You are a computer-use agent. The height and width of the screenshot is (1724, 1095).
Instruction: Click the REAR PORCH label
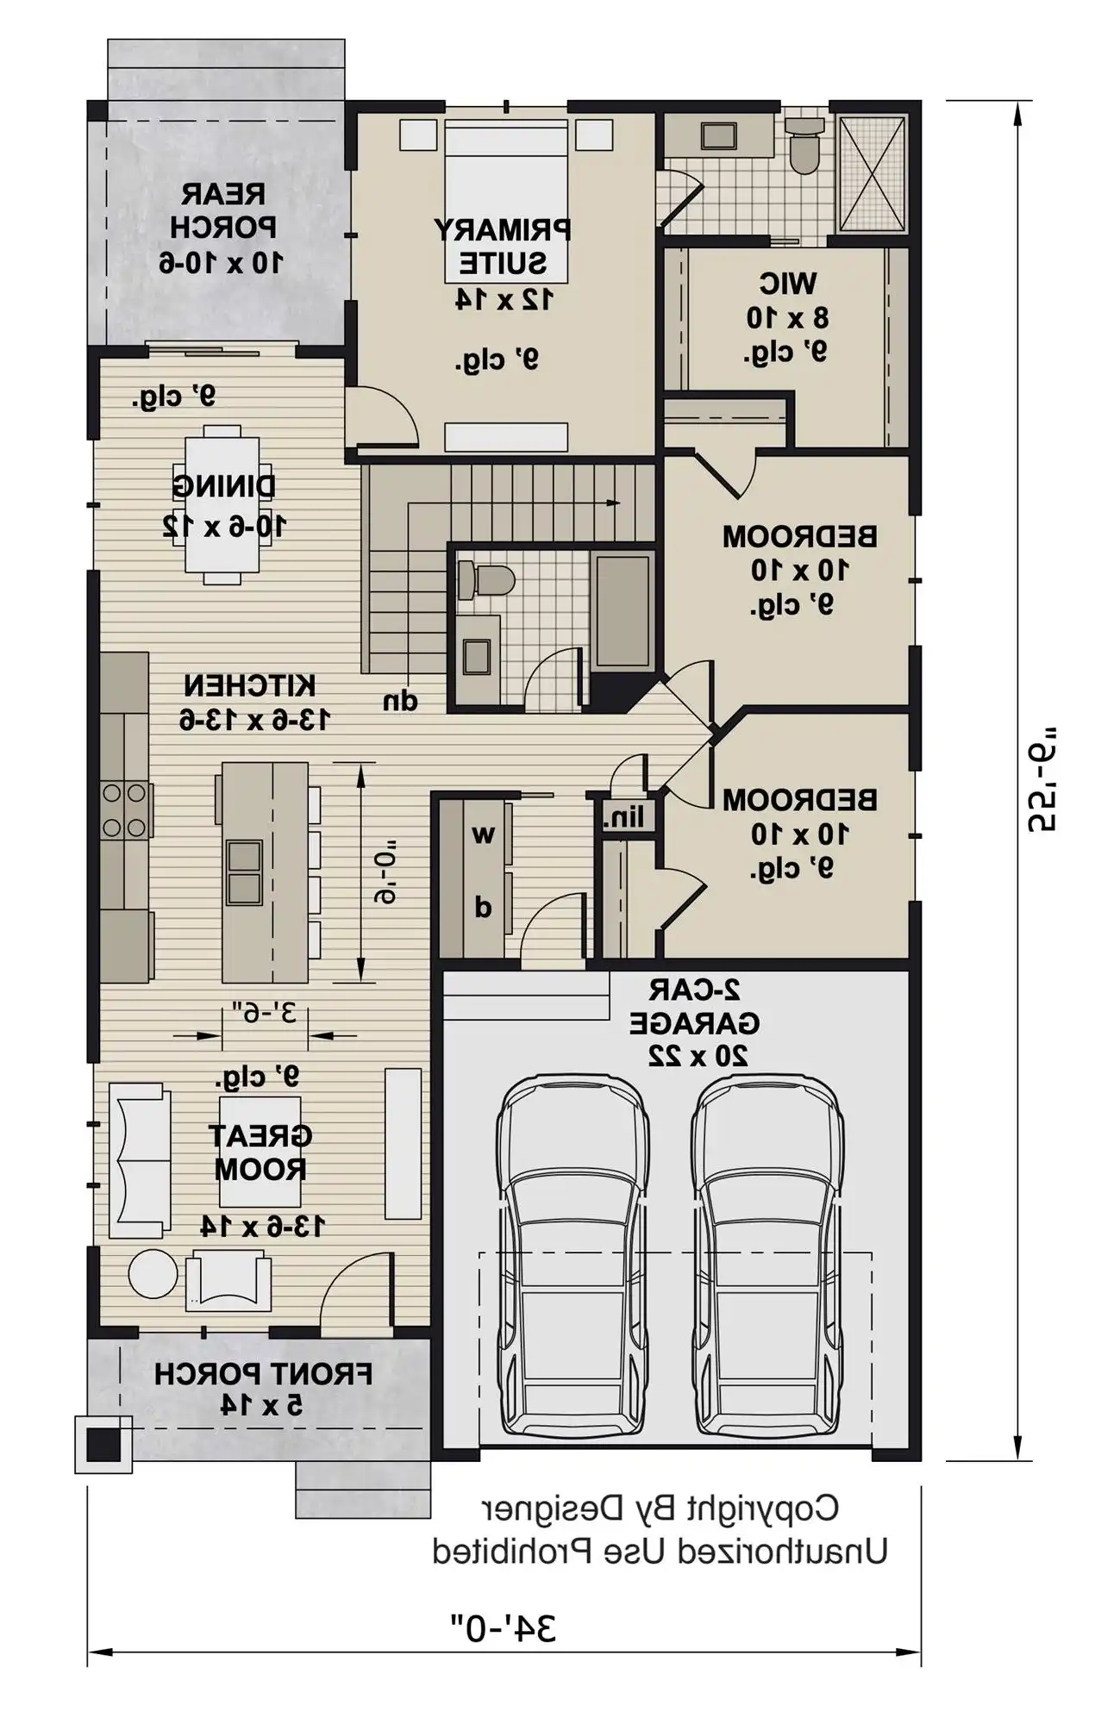coord(222,228)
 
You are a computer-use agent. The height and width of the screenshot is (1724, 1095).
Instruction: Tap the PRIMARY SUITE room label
coord(502,247)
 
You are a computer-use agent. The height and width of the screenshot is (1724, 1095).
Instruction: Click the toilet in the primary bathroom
coord(805,147)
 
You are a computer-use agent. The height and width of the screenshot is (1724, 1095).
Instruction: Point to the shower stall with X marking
coord(873,172)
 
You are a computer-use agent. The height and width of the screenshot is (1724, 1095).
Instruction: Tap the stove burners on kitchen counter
coord(124,809)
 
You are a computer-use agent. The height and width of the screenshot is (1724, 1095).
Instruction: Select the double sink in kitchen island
coord(244,871)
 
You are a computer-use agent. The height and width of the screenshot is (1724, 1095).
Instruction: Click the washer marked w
coord(483,834)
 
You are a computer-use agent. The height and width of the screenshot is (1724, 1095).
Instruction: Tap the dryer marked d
coord(483,906)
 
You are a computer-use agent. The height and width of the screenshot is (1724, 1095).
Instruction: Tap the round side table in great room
coord(153,1273)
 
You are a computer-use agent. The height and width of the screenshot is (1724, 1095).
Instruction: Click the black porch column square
coord(103,1444)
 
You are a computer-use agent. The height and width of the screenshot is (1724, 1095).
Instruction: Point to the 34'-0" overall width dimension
coord(504,1628)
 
